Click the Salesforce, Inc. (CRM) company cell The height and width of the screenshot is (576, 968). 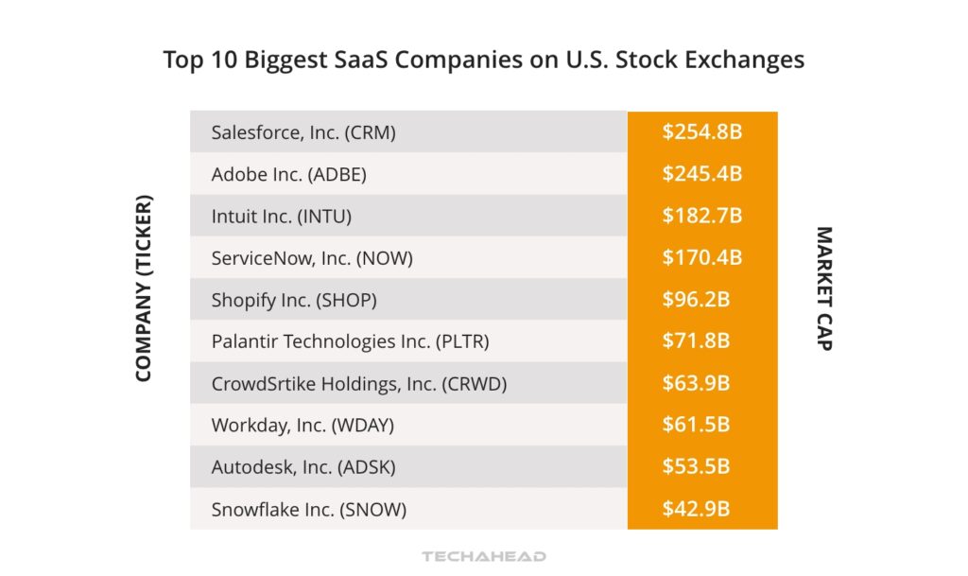[x=303, y=132]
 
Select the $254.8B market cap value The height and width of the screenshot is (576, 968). [x=701, y=131]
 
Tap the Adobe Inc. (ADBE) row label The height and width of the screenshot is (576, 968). [x=288, y=174]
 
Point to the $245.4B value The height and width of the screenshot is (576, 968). [x=701, y=174]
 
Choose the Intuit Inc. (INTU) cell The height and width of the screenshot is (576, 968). [x=281, y=216]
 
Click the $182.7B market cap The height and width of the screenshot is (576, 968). [x=701, y=216]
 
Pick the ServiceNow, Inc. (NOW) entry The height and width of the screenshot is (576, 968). [x=312, y=257]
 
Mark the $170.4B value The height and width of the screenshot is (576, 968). [x=701, y=257]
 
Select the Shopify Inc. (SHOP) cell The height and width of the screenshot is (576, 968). [x=294, y=300]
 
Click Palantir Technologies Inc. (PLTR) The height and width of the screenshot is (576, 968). [x=350, y=341]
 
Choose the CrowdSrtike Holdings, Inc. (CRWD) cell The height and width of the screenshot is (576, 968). [x=359, y=384]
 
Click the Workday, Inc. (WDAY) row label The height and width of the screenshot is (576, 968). [x=302, y=426]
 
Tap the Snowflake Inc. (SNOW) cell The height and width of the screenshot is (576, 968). [x=308, y=510]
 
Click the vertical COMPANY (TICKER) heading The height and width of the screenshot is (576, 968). [x=144, y=288]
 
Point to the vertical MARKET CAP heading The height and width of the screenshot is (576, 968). [x=823, y=288]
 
